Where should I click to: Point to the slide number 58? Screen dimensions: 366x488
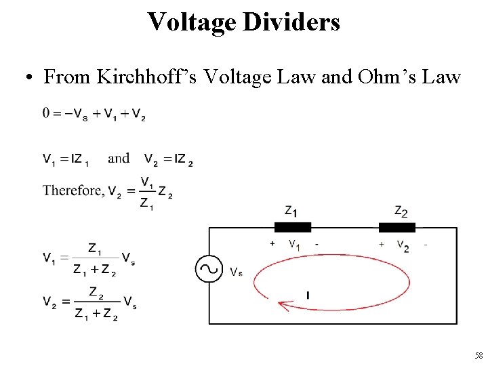coord(479,356)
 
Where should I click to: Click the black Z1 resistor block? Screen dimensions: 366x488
coord(292,227)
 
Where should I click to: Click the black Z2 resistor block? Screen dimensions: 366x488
coord(397,227)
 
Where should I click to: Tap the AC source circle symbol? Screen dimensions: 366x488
coord(209,269)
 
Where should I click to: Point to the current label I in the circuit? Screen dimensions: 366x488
coord(308,296)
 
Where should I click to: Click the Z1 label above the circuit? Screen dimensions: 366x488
coord(292,211)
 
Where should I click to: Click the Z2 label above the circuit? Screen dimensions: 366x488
coord(401,212)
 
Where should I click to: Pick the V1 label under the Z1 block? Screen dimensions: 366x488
coord(294,244)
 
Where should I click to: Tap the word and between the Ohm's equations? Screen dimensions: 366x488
coord(119,159)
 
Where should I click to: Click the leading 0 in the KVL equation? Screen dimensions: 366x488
coord(46,113)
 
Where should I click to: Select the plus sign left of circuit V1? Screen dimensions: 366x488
coord(272,243)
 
